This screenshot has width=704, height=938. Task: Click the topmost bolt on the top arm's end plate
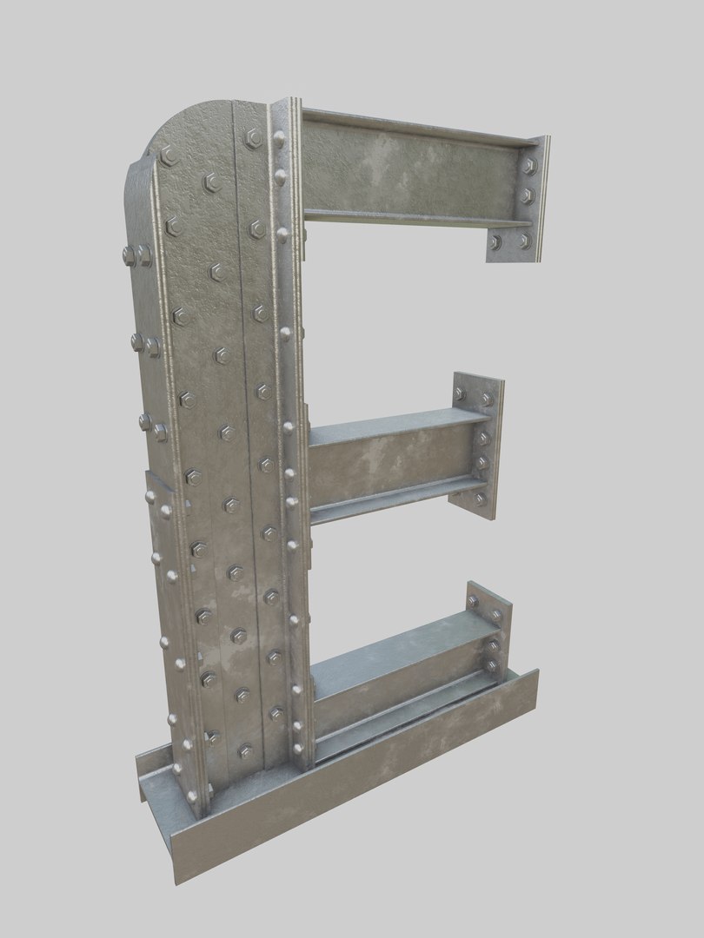coord(528,164)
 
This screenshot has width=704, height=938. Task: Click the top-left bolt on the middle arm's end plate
coord(460,395)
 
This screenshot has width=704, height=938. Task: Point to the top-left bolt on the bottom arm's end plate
coord(473,601)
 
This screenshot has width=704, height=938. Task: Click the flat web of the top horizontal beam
coord(408,174)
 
